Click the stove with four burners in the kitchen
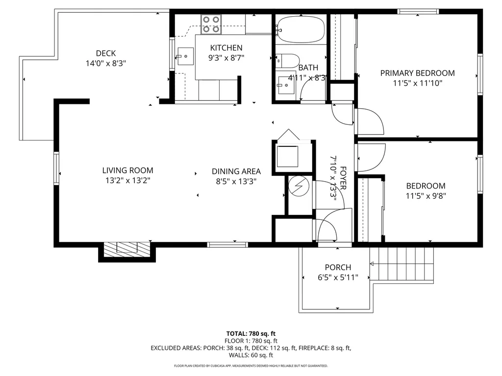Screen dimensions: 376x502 point(211,24)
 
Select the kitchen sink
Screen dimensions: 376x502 point(185,57)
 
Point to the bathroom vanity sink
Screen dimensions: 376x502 point(285,85)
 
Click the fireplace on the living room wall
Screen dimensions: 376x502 point(127,250)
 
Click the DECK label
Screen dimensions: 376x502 point(105,53)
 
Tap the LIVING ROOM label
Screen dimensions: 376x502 point(127,170)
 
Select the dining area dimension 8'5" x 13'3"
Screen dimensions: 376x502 point(236,181)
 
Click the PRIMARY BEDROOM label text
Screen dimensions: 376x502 point(417,73)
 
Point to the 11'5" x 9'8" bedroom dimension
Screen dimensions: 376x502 point(426,196)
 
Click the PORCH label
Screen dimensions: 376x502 point(338,267)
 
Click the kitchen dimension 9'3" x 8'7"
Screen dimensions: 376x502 point(226,57)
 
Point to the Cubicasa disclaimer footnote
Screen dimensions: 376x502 point(251,366)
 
